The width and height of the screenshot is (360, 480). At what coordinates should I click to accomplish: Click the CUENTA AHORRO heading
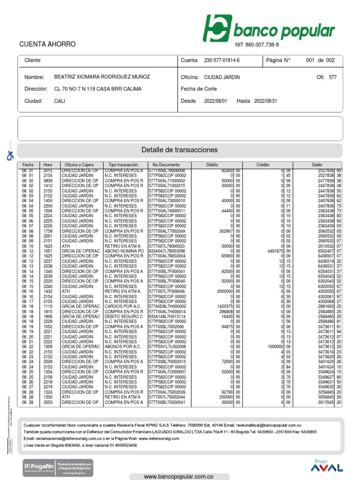[47, 44]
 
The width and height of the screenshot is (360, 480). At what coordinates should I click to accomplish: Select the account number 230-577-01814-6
[222, 60]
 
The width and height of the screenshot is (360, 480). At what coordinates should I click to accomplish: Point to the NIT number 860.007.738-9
[260, 45]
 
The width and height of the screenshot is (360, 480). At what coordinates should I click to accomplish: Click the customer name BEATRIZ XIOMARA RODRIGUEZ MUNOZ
[102, 76]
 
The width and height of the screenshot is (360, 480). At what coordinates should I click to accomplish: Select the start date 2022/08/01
[215, 101]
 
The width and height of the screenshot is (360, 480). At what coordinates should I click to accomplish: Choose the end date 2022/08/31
[266, 101]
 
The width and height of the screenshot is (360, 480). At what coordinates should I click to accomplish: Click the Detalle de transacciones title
[180, 150]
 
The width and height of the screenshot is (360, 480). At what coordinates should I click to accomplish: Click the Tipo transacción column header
[123, 165]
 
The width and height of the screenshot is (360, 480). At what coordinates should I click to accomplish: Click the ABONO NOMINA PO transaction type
[124, 251]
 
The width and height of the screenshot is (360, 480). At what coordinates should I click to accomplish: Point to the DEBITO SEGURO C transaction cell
[124, 316]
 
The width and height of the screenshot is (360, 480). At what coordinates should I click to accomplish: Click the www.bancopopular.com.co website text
[179, 476]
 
